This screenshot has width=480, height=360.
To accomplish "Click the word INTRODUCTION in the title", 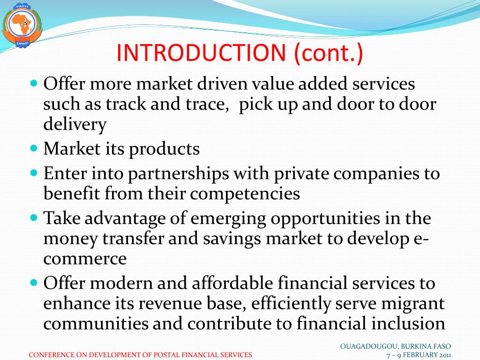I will pyautogui.click(x=201, y=53).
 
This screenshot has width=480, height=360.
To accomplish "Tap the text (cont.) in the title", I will pyautogui.click(x=329, y=53).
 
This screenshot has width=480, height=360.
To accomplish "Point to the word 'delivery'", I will pyautogui.click(x=75, y=124).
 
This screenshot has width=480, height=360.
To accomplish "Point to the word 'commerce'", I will pyautogui.click(x=85, y=258).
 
